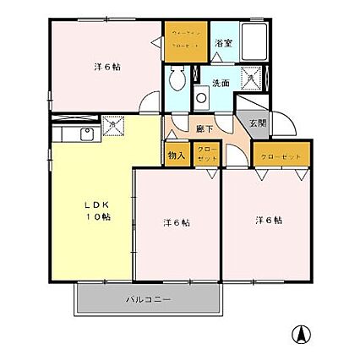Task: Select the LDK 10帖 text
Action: [x=95, y=210]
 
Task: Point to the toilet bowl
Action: [x=176, y=81]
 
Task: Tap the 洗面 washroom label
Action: [x=221, y=83]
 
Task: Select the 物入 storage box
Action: [x=177, y=155]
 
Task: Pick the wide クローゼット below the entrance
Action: [x=280, y=155]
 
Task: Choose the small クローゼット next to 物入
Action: [x=206, y=155]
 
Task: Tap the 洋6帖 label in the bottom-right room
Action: [x=269, y=221]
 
